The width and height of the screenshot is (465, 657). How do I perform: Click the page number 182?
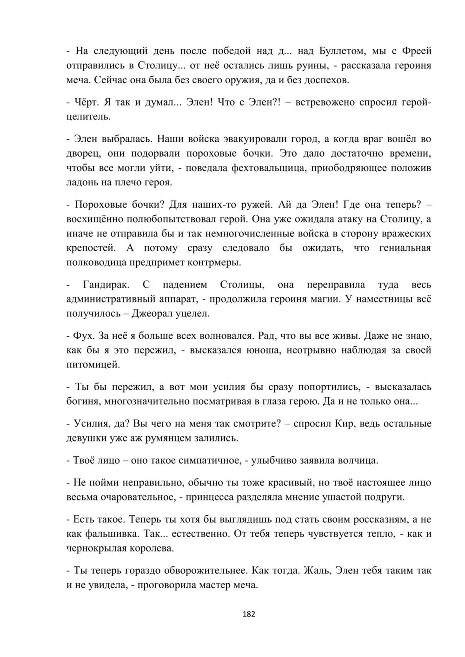[249, 614]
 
